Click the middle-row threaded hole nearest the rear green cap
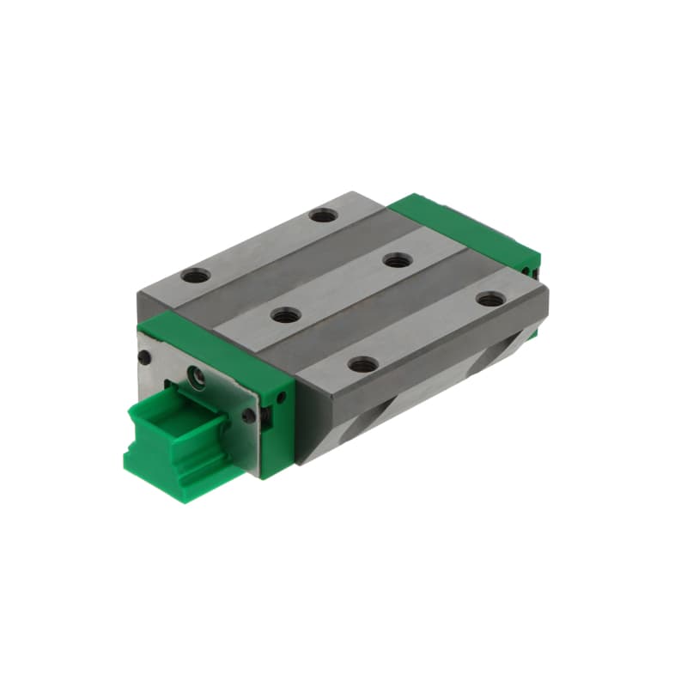point(396,259)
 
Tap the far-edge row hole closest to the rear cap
point(323,214)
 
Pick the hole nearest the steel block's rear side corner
point(490,299)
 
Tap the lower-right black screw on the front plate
point(249,416)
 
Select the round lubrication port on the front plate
point(198,374)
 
